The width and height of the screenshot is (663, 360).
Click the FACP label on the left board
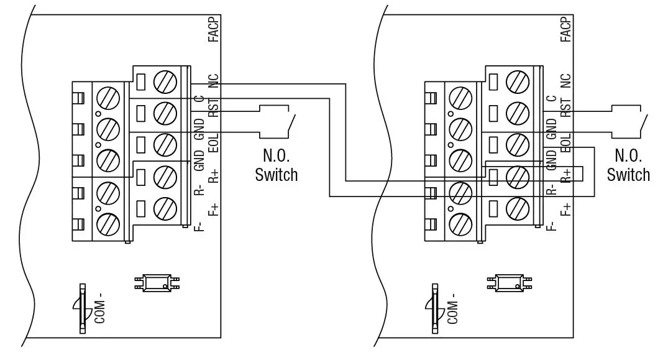(213, 30)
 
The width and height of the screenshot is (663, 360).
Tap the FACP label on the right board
(565, 30)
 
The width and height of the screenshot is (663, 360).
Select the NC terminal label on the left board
(213, 81)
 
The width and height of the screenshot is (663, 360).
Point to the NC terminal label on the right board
(565, 81)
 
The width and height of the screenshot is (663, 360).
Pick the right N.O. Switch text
(628, 165)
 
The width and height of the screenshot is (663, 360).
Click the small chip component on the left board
(157, 283)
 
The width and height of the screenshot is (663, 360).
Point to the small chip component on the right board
(510, 283)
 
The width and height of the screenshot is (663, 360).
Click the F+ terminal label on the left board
(213, 208)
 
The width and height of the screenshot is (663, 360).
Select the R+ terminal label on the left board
(213, 175)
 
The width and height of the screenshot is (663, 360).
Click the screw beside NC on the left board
(164, 81)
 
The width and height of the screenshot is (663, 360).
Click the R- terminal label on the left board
(198, 189)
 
